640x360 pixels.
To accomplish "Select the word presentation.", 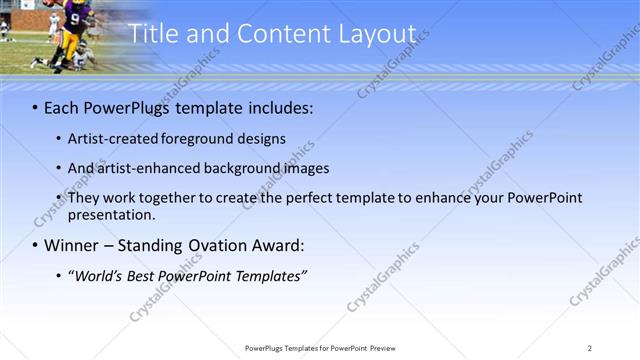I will [111, 214].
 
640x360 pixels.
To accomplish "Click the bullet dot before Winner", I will [36, 245].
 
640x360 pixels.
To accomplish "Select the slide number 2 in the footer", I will [590, 347].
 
